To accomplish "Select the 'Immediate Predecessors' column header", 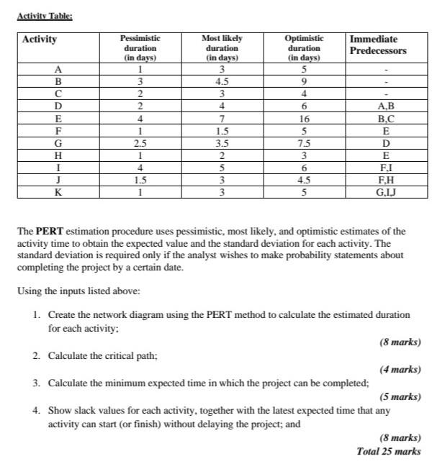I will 377,45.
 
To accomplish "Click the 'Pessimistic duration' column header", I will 140,47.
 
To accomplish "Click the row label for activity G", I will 58,143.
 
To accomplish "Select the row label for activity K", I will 58,192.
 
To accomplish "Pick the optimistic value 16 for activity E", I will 304,119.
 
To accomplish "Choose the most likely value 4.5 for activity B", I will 223,82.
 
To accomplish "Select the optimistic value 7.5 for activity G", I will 304,143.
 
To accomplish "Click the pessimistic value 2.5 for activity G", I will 140,143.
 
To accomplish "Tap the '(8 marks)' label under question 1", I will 400,342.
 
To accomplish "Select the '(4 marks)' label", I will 400,369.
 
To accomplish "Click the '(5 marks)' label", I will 400,396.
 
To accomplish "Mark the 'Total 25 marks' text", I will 389,451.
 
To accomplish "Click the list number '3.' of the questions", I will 37,383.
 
